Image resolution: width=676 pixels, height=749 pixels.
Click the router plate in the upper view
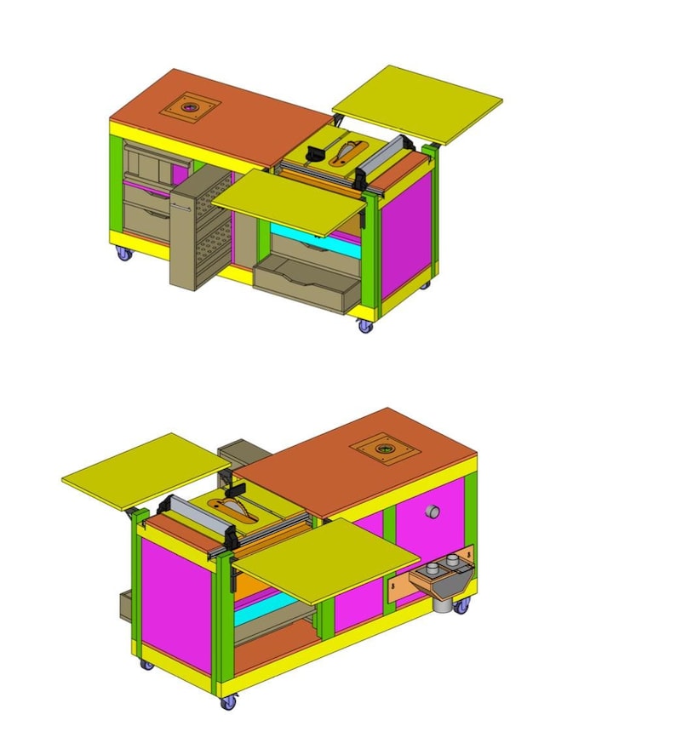click(x=188, y=108)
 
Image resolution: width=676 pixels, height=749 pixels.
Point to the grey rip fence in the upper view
click(x=388, y=156)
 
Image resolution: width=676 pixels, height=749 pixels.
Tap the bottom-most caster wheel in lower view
click(x=228, y=703)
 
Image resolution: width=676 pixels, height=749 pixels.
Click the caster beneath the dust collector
click(x=461, y=606)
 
